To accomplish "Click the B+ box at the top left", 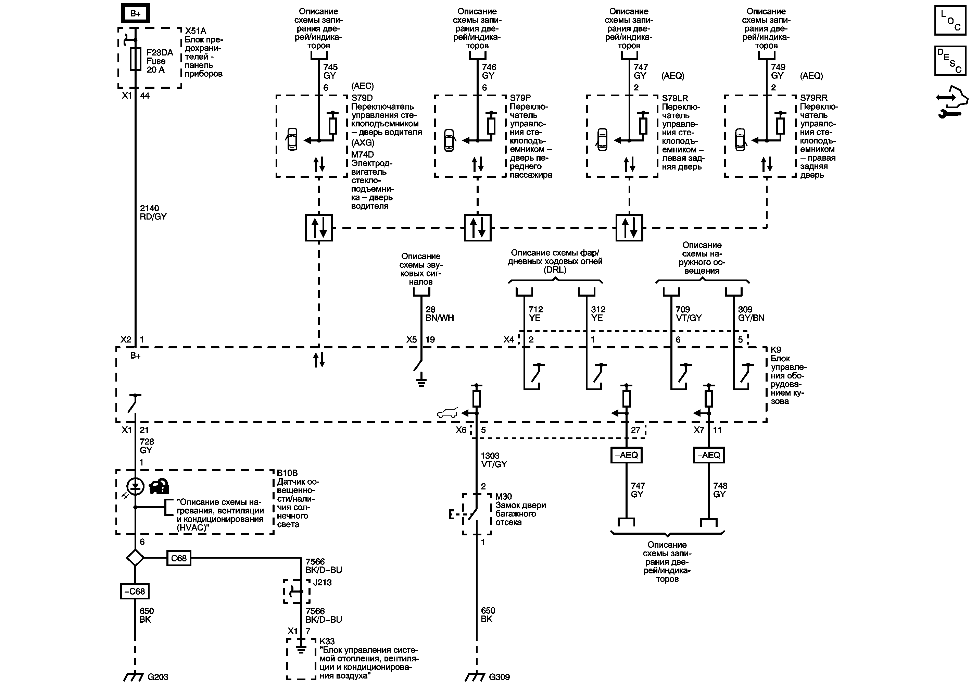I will pos(135,14).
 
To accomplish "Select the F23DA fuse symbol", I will pos(135,59).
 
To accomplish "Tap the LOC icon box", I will pos(950,20).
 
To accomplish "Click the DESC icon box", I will pos(950,61).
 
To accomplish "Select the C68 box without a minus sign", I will pos(178,558).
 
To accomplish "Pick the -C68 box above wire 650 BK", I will pos(135,591).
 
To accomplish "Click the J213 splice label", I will pos(322,582).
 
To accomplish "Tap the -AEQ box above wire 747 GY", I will pos(626,455).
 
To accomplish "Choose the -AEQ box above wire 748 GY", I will pos(709,455).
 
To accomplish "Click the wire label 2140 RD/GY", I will pos(153,212).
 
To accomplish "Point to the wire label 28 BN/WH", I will pos(439,313).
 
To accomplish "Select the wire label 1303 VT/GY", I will pos(493,460).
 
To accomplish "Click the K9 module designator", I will pos(775,350).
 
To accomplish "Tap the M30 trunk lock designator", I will pos(503,497).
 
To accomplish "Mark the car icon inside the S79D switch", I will pos(292,139).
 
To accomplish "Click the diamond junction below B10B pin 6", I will pos(135,558).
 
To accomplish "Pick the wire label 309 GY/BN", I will pos(751,313).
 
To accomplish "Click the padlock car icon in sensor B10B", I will pos(159,486).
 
